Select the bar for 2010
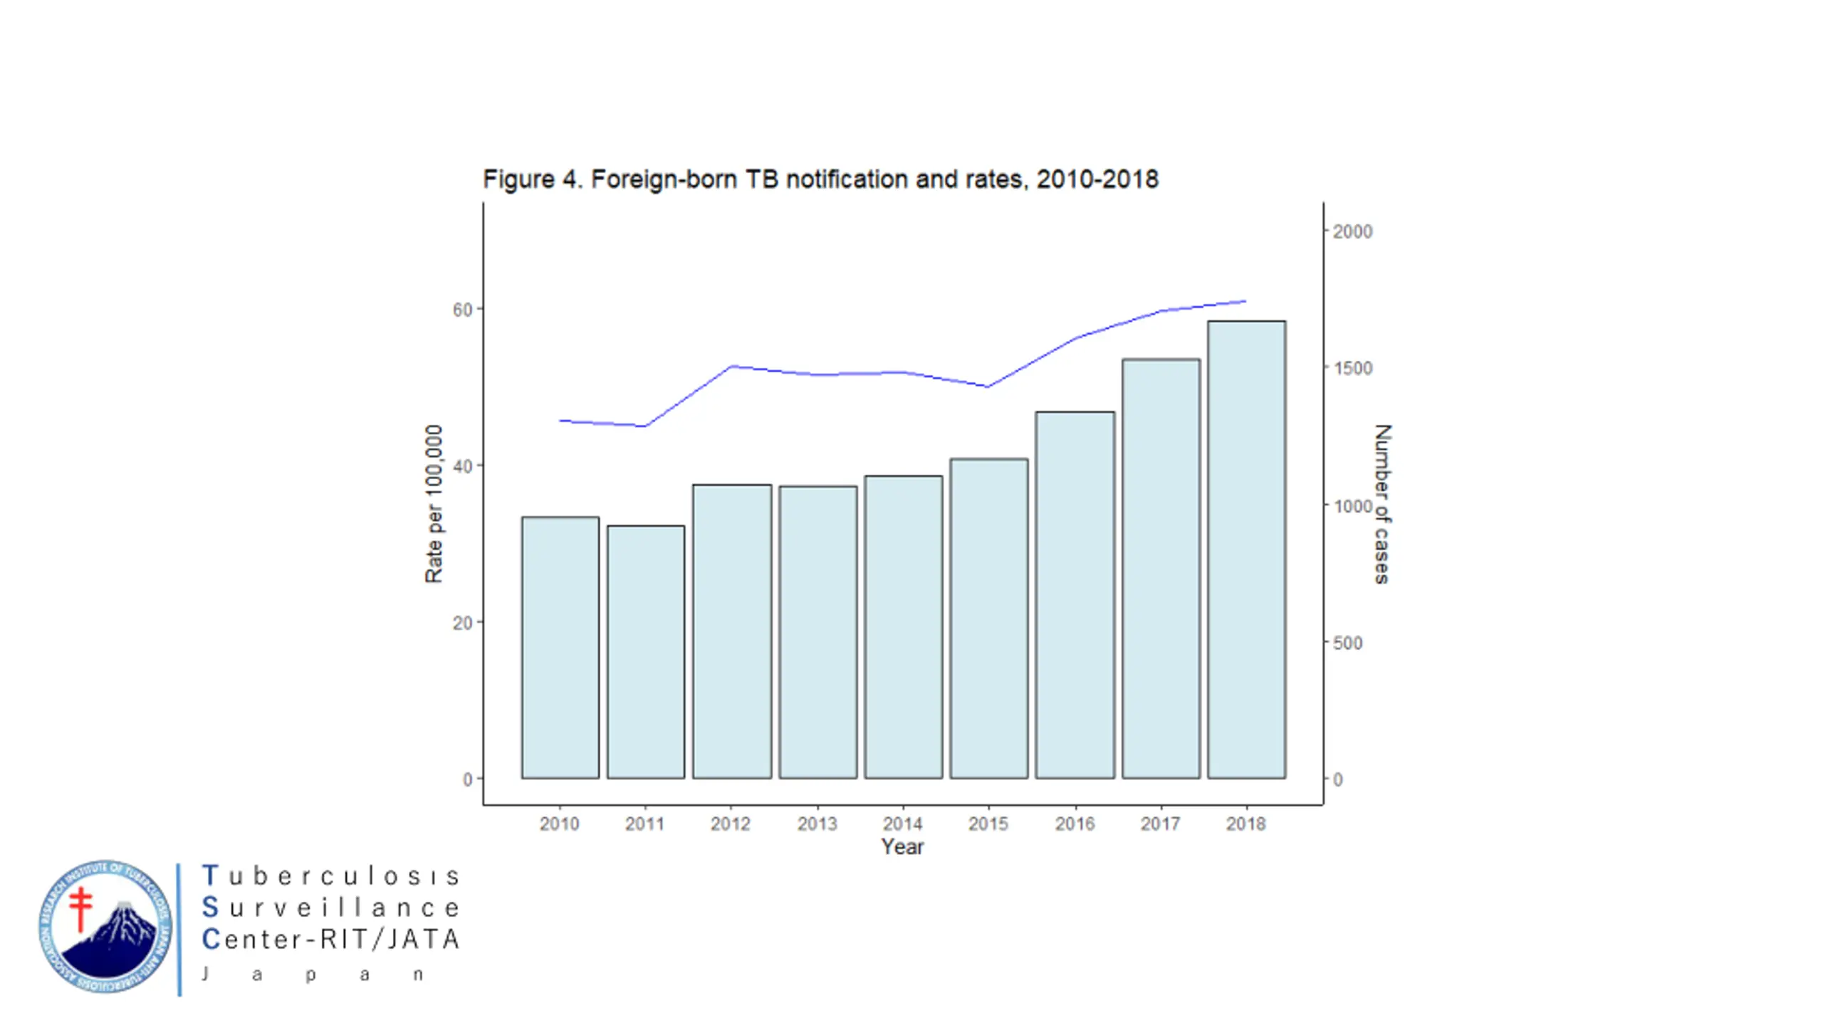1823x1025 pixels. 560,647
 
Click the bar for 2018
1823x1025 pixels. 1246,549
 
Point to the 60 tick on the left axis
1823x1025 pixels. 463,310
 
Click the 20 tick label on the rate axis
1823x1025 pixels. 463,623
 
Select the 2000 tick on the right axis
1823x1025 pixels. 1352,231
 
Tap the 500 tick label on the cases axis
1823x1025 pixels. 1347,643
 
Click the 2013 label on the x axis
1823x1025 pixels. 817,824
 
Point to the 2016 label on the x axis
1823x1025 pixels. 1075,824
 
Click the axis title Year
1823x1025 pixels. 902,847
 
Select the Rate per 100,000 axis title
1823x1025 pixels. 434,504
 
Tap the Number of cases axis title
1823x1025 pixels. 1381,504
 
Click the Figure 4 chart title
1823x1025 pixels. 820,179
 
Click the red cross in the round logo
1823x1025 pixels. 81,908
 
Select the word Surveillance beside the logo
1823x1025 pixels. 331,908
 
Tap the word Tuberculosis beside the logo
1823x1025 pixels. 331,876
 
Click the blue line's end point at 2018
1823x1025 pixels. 1245,301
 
